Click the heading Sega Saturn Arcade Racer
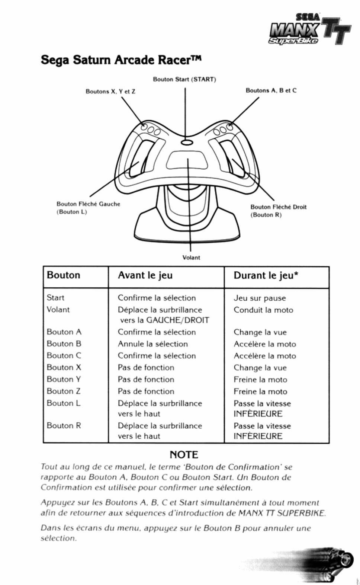click(120, 60)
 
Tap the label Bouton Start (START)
click(184, 79)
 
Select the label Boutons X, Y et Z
click(110, 92)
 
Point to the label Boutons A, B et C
click(271, 90)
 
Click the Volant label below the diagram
click(191, 258)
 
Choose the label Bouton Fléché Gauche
click(88, 204)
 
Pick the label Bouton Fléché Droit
click(278, 207)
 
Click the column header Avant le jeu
click(145, 275)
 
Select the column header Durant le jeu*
click(266, 276)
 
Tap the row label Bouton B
click(64, 344)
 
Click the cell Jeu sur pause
click(260, 298)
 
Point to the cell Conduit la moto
click(263, 310)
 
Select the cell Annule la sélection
click(152, 344)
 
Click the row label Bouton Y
click(64, 380)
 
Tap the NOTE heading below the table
click(184, 455)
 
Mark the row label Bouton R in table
click(64, 426)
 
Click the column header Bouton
click(64, 275)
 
